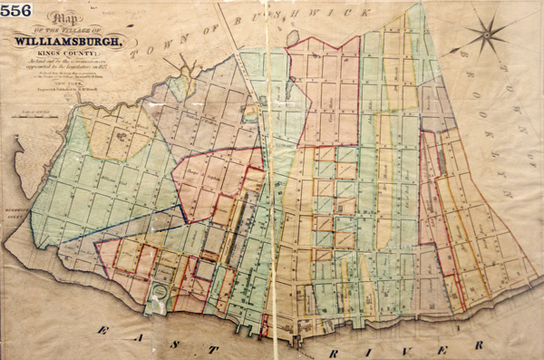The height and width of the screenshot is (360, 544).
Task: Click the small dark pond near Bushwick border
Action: click(294, 36)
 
